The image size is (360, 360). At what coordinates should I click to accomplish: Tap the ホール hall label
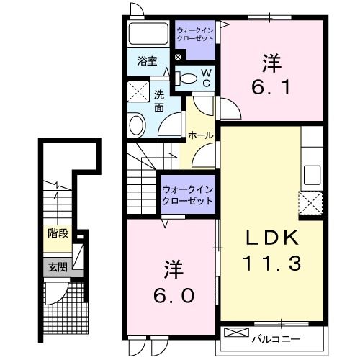point(199,135)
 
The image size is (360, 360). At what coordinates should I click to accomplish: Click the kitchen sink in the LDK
point(312,174)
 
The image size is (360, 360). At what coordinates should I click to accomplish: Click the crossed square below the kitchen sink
point(311,204)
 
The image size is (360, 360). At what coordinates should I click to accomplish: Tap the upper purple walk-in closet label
point(195,34)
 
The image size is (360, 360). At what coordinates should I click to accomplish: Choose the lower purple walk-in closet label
point(187,194)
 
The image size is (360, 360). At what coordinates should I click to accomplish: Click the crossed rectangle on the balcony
point(235,333)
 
